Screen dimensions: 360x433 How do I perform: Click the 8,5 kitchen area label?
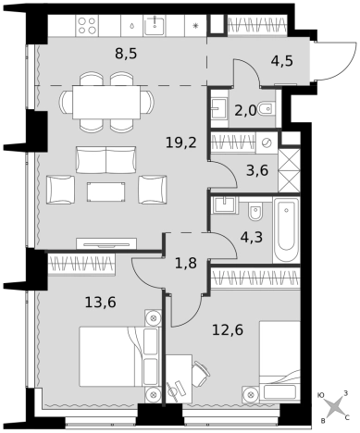(x=126, y=54)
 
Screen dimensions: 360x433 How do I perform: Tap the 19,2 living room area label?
(x=181, y=142)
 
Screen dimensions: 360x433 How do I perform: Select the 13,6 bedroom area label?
(x=101, y=303)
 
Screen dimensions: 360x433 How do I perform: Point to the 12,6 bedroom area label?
(x=228, y=329)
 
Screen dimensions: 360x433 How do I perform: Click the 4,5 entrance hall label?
(x=282, y=61)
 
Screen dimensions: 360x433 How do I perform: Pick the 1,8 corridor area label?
(x=186, y=264)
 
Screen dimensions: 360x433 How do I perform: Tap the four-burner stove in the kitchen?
(x=87, y=26)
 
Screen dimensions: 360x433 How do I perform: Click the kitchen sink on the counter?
(x=155, y=26)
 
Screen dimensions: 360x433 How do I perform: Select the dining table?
(x=106, y=102)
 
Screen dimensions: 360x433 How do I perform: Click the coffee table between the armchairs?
(x=106, y=192)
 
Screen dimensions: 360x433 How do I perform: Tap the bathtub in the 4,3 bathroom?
(x=286, y=230)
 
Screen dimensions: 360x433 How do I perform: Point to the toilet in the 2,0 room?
(x=266, y=108)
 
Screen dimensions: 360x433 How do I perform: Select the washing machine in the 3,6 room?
(x=267, y=142)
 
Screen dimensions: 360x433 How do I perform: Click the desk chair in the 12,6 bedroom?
(x=200, y=374)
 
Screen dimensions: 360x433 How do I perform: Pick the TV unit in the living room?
(x=106, y=243)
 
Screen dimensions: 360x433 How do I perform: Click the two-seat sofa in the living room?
(x=106, y=160)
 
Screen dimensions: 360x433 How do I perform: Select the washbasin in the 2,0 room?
(x=219, y=106)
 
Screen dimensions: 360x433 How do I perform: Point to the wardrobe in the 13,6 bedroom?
(x=81, y=264)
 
